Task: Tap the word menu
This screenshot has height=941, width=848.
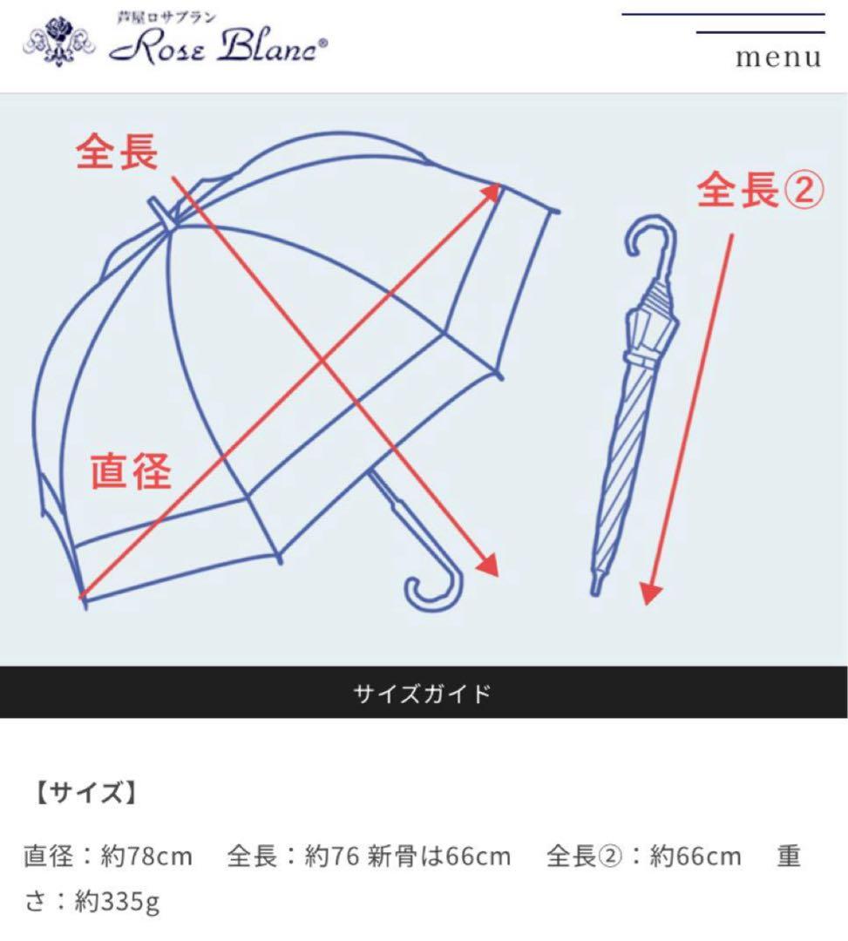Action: [x=778, y=58]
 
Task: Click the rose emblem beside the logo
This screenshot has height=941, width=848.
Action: [x=59, y=38]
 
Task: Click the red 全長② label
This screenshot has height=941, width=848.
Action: [x=759, y=190]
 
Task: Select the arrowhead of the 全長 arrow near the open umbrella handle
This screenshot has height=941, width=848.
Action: [x=488, y=565]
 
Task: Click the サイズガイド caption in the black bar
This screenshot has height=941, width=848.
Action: [x=423, y=694]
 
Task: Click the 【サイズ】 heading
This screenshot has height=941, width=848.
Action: [x=85, y=794]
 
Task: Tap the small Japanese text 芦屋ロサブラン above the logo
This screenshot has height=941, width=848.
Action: [x=167, y=17]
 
